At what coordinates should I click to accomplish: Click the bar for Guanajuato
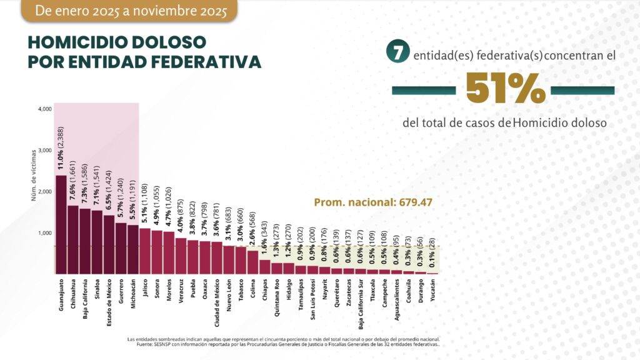point(61,224)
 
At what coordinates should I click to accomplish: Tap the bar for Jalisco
point(145,251)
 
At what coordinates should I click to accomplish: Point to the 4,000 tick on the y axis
point(44,109)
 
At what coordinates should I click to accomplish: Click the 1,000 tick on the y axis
point(44,233)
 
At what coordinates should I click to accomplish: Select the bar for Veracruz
point(181,256)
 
